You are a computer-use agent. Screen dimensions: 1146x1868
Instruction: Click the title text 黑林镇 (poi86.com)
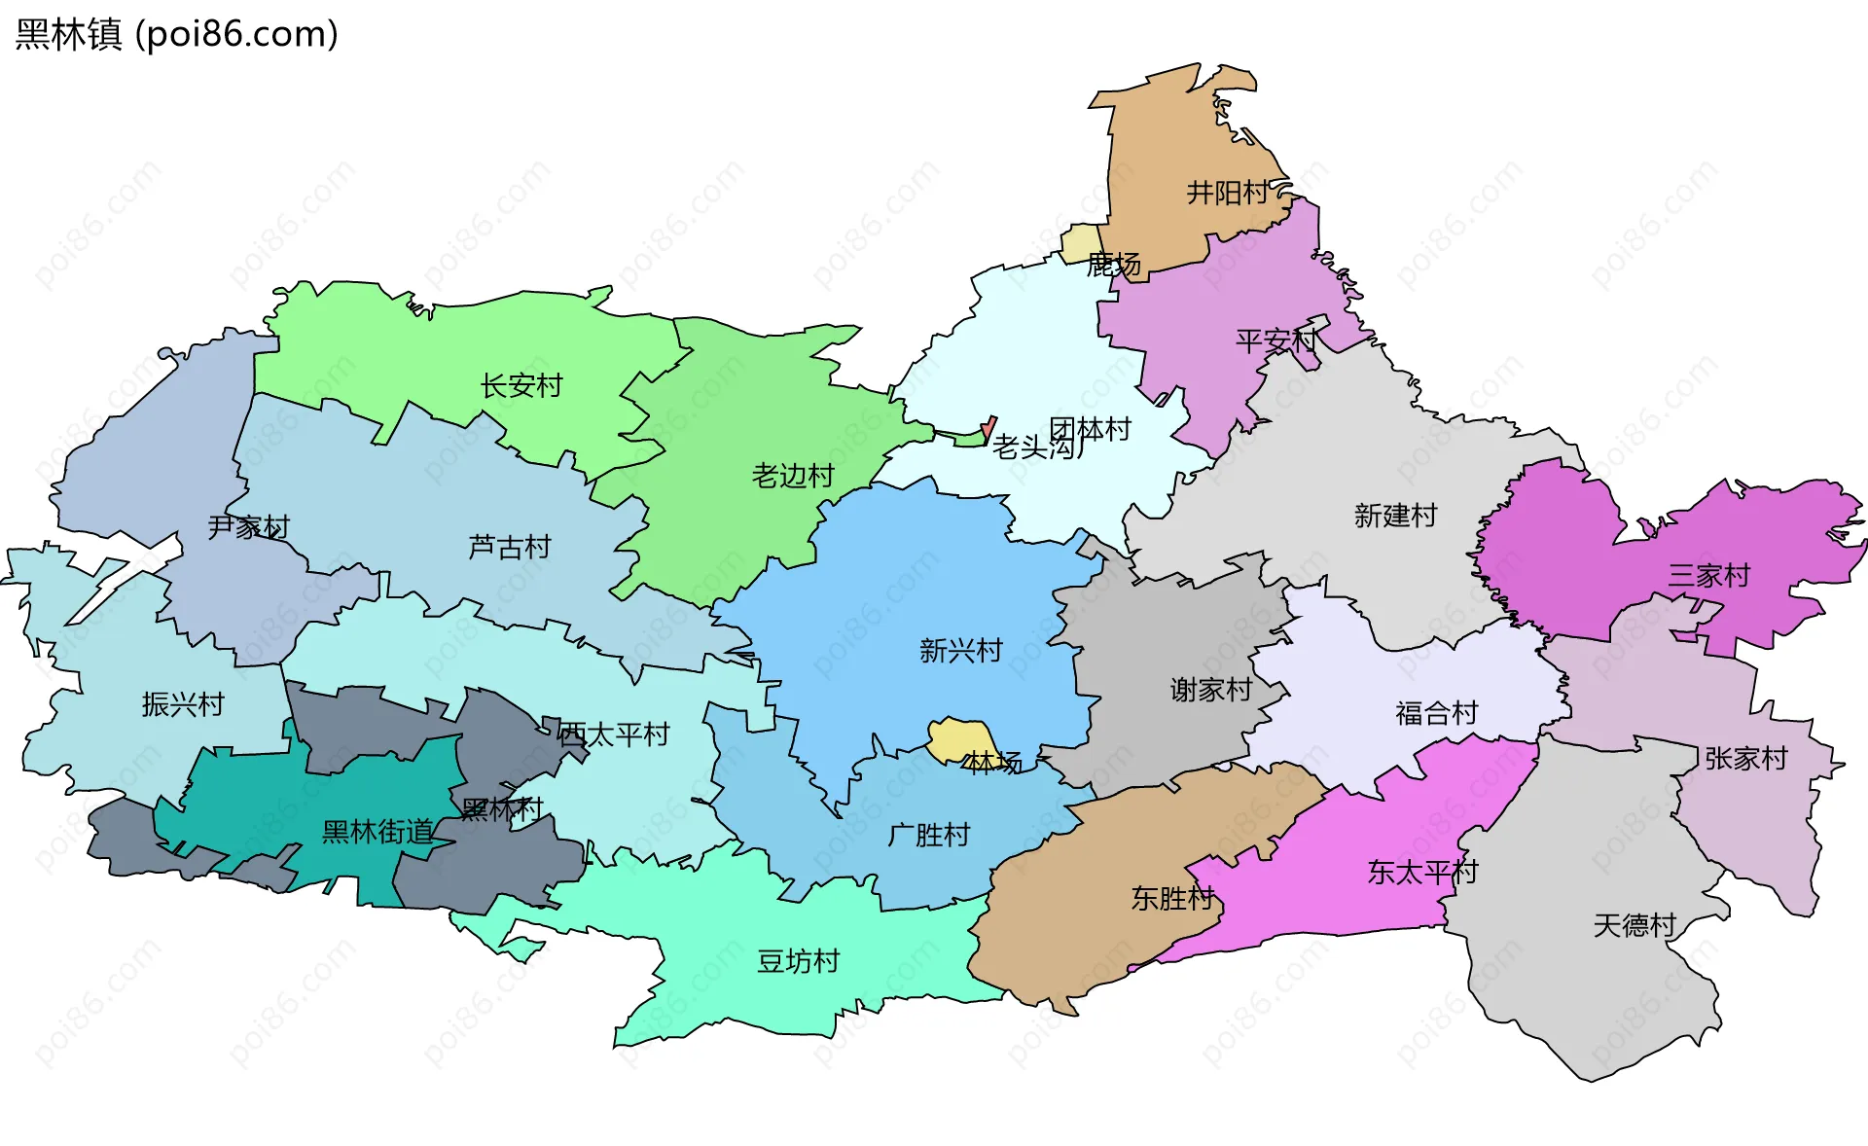point(176,34)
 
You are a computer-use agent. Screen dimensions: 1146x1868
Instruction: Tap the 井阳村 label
point(1227,193)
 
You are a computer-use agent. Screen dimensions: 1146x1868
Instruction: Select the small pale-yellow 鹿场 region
point(1079,241)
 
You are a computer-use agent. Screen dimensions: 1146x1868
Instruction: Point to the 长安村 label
point(521,386)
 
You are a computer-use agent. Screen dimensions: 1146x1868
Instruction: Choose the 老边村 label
point(793,476)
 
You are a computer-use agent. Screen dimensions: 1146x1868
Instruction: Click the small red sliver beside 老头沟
point(988,427)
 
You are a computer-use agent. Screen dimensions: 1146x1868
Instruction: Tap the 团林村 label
point(1090,429)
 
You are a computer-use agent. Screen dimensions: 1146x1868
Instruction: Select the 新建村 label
point(1395,516)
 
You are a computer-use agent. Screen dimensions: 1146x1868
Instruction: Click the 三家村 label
point(1708,576)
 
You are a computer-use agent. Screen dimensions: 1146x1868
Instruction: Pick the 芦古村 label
point(509,548)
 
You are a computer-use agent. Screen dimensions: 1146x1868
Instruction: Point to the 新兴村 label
point(960,651)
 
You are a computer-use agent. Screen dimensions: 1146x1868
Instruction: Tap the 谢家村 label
point(1210,690)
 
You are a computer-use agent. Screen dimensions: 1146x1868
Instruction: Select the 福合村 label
point(1436,713)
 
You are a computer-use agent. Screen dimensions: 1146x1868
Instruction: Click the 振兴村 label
point(183,704)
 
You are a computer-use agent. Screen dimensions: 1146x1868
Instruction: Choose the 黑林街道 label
point(377,832)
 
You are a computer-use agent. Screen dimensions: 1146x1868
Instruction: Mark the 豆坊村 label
point(798,961)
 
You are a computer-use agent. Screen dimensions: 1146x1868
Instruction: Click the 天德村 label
point(1634,925)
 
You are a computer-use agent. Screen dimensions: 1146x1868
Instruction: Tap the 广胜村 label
point(928,835)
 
